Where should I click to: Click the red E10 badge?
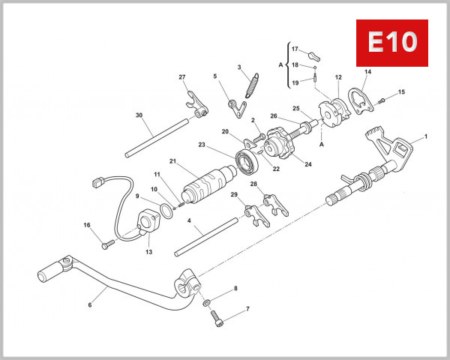click(x=391, y=43)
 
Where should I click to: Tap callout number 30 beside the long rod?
click(x=139, y=115)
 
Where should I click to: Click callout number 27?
click(x=181, y=77)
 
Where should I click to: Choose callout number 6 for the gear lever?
click(x=90, y=305)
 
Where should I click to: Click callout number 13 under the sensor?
click(x=148, y=253)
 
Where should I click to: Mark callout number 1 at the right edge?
click(x=426, y=136)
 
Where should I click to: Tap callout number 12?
click(x=338, y=76)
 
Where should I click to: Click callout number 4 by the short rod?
click(x=189, y=222)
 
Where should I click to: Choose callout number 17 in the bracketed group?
click(x=295, y=48)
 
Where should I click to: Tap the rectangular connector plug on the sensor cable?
click(x=95, y=181)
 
